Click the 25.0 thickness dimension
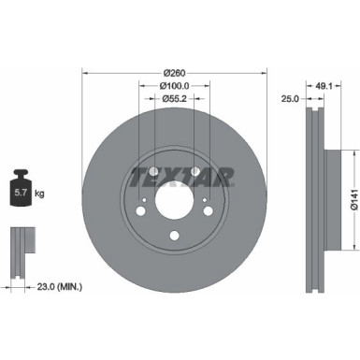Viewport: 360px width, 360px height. tap(292, 96)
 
